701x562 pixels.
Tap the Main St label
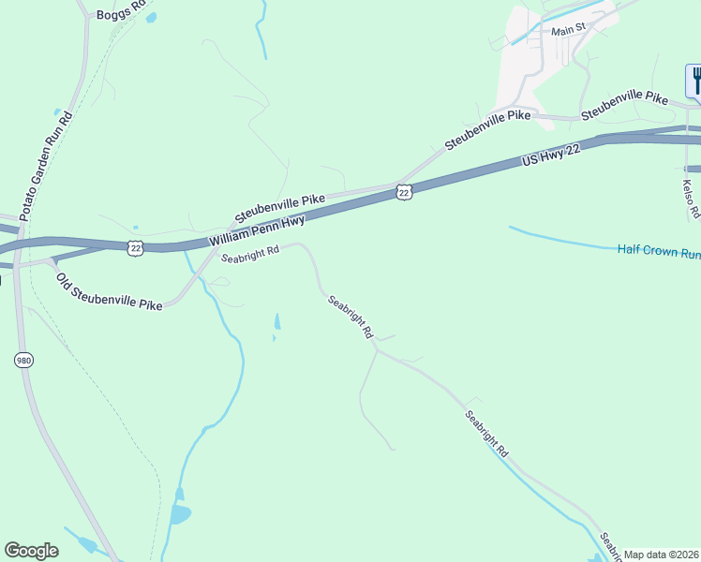[568, 30]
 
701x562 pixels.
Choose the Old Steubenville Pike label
[109, 291]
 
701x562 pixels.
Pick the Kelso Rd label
[691, 199]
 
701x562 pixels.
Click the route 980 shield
[23, 359]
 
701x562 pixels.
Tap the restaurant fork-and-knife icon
[694, 80]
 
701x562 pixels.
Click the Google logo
[31, 551]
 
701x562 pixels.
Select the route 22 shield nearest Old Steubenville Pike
[136, 246]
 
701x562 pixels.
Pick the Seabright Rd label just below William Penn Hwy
[250, 254]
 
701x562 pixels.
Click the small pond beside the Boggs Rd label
[152, 17]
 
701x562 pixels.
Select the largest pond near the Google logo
[179, 513]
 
